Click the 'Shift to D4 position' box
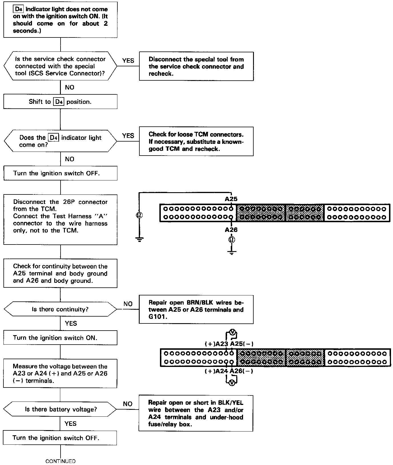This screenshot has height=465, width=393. coord(60,102)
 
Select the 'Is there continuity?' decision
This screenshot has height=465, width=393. coord(60,309)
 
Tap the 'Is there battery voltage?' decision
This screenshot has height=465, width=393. coord(60,409)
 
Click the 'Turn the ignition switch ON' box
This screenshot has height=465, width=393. coord(60,338)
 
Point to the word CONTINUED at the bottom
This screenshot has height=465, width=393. coord(61,461)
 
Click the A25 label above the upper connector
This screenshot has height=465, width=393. coord(231,199)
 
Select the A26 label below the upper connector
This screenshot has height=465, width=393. coord(231,230)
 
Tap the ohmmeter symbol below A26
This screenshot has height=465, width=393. coord(232,240)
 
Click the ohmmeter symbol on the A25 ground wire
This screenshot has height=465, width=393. coord(139,215)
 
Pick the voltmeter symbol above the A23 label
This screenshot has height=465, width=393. coord(233,333)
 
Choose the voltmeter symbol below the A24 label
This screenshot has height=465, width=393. coord(232,383)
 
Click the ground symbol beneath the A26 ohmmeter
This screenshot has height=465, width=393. coord(232,252)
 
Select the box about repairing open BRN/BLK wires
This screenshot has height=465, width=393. coord(196,309)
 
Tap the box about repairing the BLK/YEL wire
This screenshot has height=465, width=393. coord(196,413)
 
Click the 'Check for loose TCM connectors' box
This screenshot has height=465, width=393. coord(196,142)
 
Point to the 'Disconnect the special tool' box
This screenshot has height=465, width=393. coord(196,66)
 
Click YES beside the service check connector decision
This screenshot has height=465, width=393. coord(128,61)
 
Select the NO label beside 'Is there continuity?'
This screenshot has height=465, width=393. coord(128,304)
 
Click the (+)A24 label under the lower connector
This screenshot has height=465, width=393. coord(216,371)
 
